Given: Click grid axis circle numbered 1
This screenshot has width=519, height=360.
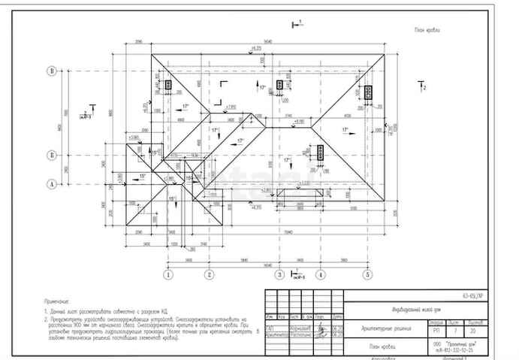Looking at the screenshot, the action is coord(168,274).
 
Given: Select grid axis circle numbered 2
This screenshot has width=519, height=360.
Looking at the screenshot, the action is coord(210,274).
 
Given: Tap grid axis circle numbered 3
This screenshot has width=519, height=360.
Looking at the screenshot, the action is coord(279,274).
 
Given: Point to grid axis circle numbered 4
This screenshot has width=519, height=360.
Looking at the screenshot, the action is coord(320,274).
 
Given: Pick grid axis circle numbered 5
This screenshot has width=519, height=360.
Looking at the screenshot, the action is coord(367,274).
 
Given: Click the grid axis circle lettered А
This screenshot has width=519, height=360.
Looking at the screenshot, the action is coord(52,183).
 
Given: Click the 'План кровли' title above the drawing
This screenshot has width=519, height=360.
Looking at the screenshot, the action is coord(427,30).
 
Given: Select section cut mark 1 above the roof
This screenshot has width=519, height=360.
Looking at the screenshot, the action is coord(295,25).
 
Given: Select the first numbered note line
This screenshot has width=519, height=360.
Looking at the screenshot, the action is coord(108,310).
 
